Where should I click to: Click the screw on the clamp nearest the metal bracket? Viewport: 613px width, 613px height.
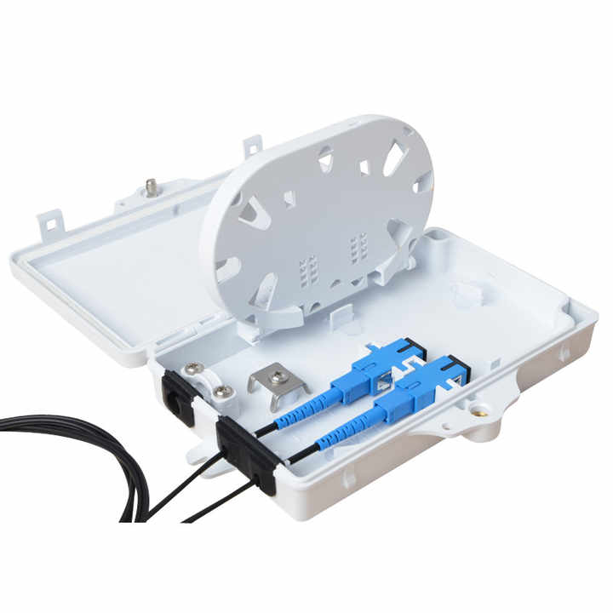[223, 391]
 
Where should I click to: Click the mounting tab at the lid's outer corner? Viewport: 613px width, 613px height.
[49, 223]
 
